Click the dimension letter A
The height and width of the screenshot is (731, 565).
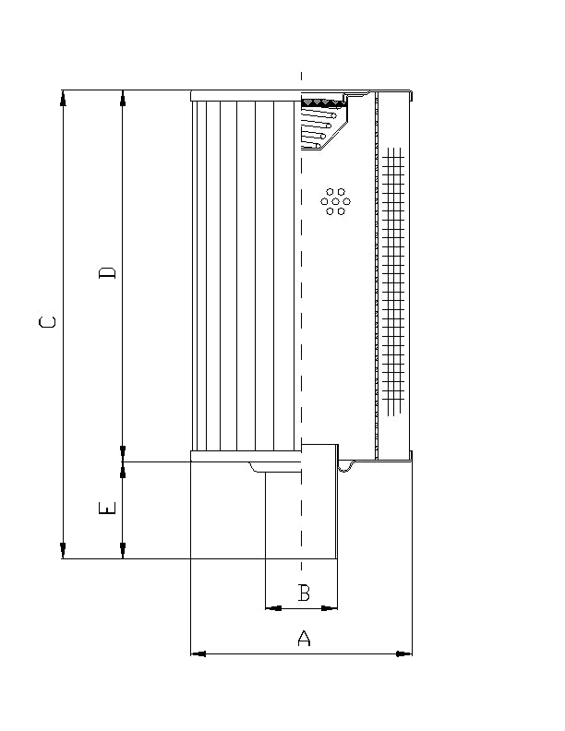tap(303, 637)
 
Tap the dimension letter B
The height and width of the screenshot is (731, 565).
tap(303, 593)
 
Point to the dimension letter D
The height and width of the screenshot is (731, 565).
tap(108, 273)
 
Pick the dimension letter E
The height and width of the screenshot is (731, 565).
tap(108, 509)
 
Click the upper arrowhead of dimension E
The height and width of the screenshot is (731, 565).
tap(123, 470)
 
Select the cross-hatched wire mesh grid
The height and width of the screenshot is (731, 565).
tap(394, 277)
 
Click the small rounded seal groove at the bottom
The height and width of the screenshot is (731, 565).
tap(346, 466)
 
